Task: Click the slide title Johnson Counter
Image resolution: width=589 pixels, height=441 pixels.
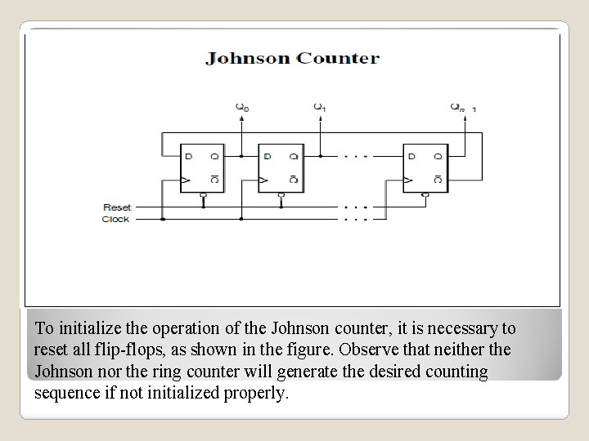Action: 293,58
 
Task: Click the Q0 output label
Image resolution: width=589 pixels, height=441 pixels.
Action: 241,105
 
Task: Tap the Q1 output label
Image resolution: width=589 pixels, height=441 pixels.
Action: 320,105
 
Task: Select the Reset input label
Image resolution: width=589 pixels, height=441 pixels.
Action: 117,207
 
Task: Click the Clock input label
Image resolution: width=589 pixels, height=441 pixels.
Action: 116,219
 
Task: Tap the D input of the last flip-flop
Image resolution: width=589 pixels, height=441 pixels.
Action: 411,155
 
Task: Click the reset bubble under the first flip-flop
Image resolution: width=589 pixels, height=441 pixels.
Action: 204,196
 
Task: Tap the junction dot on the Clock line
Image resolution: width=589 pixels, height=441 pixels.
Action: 164,219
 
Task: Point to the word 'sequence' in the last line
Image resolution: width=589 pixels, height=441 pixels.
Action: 67,392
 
